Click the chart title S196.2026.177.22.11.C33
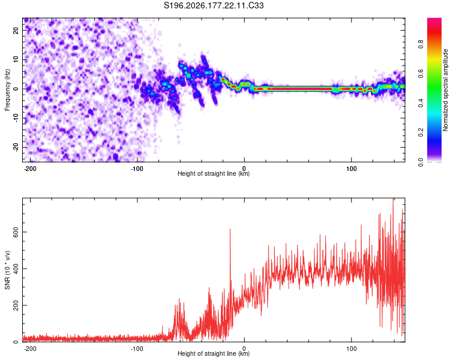coord(214,5)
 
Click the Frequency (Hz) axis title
coord(7,90)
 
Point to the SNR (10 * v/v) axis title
coord(7,270)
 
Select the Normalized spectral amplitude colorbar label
coord(445,90)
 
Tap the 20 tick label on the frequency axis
coord(16,30)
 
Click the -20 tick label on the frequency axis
coord(16,146)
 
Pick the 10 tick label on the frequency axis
coord(16,59)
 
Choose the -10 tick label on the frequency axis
coord(16,118)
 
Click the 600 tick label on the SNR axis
coord(16,232)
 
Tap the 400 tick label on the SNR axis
coord(16,269)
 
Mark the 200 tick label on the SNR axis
coord(16,305)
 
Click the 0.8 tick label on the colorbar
coord(421,44)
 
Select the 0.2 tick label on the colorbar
coord(421,133)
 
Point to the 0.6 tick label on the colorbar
coord(421,74)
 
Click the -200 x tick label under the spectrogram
coord(30,169)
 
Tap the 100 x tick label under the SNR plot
coord(351,349)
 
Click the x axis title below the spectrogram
coord(214,173)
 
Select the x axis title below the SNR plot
coord(214,353)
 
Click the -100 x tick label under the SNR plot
coord(137,349)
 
